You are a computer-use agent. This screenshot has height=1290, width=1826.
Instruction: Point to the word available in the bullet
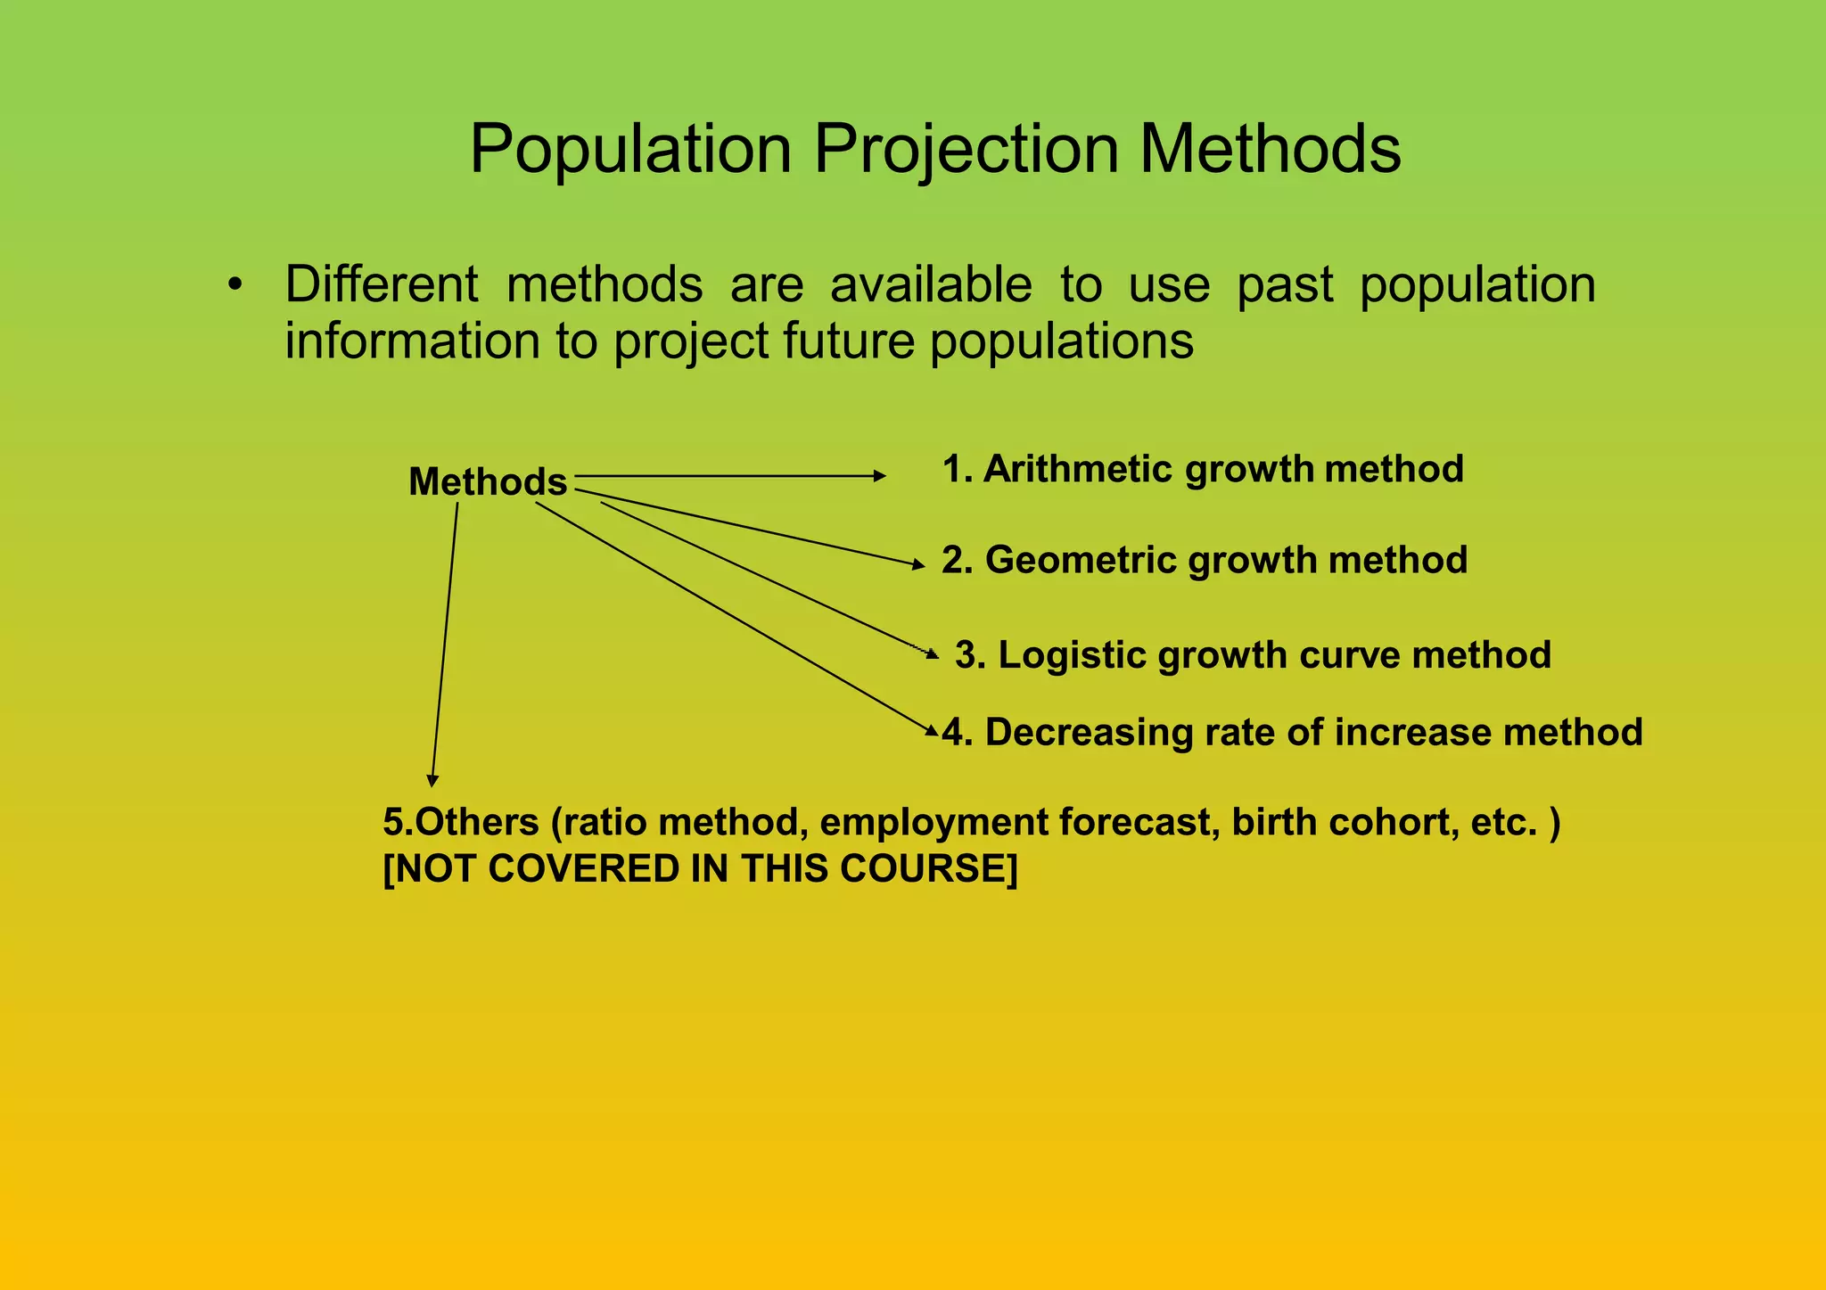click(931, 284)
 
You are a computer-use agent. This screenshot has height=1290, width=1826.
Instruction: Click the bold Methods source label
click(487, 482)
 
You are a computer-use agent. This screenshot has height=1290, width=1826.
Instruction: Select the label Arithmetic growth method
click(1203, 469)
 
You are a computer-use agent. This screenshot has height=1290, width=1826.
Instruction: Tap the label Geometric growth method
click(1205, 560)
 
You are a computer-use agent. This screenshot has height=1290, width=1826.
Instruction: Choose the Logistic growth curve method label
click(1253, 654)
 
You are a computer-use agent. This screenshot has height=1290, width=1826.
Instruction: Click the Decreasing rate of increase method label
click(1292, 732)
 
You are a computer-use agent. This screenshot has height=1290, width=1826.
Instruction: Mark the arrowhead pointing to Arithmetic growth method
click(880, 476)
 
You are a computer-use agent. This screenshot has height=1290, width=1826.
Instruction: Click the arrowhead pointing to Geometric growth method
click(919, 564)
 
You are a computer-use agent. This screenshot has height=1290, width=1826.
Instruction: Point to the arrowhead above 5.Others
click(432, 781)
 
